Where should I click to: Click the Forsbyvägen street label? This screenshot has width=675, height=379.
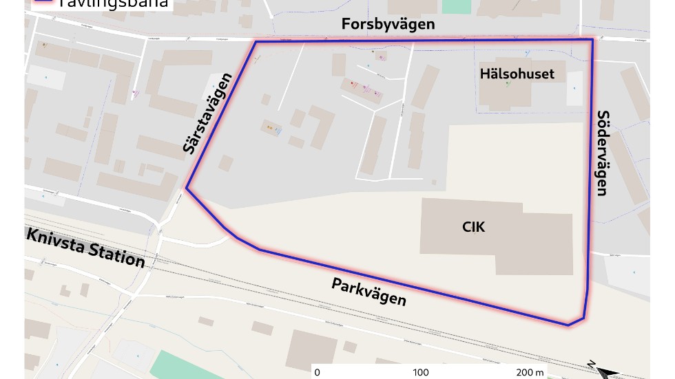pyautogui.click(x=388, y=24)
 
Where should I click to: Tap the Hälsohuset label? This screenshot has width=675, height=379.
pyautogui.click(x=517, y=74)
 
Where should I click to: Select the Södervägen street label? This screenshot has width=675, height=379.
pyautogui.click(x=603, y=153)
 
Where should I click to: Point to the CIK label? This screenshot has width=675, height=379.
pyautogui.click(x=474, y=226)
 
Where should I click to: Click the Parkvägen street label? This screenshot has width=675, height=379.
pyautogui.click(x=368, y=292)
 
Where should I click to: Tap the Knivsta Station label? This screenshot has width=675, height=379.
pyautogui.click(x=85, y=247)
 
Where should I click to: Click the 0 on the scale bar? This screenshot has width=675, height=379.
pyautogui.click(x=317, y=373)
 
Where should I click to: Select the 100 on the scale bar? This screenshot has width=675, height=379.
pyautogui.click(x=420, y=373)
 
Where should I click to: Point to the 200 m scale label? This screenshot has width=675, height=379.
pyautogui.click(x=530, y=373)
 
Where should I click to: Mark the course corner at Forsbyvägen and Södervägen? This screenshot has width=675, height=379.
pyautogui.click(x=592, y=40)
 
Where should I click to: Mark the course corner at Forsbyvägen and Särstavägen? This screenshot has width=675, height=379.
pyautogui.click(x=256, y=42)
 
